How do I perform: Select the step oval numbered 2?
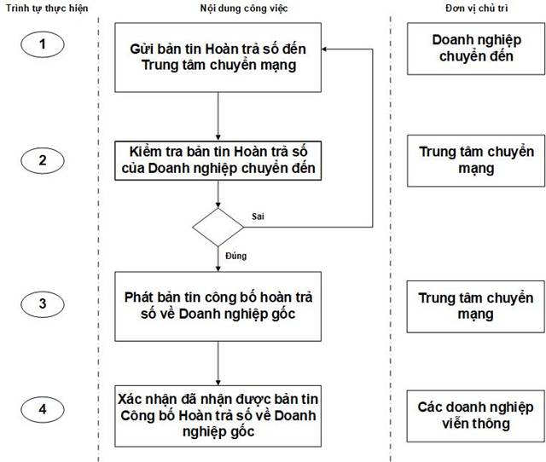point(44,159)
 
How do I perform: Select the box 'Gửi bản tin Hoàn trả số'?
point(219,56)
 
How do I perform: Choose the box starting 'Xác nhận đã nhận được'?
point(219,412)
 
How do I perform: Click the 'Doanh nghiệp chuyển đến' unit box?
point(473,48)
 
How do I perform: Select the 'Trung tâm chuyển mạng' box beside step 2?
point(473,160)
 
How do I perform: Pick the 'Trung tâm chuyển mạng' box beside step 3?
point(473,306)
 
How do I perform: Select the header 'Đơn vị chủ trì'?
point(473,7)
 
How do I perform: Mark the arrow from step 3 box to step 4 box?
point(219,360)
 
